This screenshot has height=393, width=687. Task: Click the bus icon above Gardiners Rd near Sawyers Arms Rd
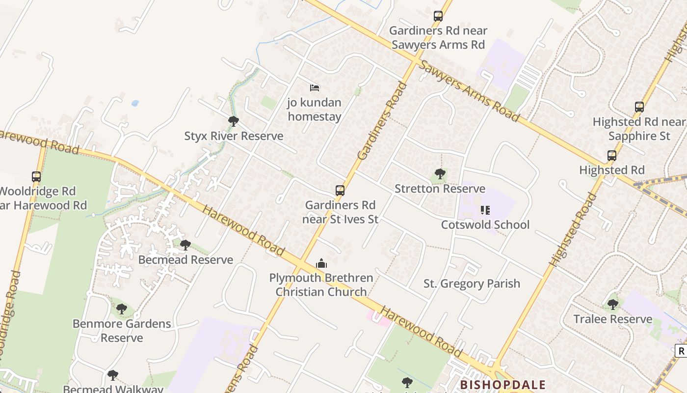pos(438,16)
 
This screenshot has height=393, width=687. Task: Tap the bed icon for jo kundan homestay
pos(315,88)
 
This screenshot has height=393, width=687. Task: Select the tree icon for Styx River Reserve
pos(234,121)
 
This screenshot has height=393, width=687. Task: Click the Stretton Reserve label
pos(440,189)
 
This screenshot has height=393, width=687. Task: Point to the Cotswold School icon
pos(485,210)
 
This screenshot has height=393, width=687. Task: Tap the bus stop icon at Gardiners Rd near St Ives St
pos(340,190)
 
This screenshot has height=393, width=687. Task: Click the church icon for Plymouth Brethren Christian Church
pos(321,263)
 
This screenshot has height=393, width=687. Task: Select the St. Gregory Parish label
pos(472,283)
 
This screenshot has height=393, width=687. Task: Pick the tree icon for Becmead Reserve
pos(185,245)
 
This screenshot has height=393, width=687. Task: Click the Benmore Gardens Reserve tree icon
pos(122,309)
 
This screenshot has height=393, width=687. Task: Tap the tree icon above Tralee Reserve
pos(613,305)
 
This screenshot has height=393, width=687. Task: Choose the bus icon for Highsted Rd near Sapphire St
pos(639,107)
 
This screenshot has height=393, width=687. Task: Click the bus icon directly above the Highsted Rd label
pos(612,156)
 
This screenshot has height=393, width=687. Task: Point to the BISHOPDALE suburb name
pos(502,384)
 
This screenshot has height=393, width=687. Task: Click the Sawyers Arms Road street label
pos(470,92)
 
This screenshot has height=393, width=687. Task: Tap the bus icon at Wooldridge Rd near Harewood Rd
pos(36,176)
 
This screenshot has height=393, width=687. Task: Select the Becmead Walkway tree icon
pos(113,375)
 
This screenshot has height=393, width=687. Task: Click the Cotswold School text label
pos(485,225)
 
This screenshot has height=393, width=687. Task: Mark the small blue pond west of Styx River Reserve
pos(135,104)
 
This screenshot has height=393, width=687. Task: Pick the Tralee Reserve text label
pos(613,319)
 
